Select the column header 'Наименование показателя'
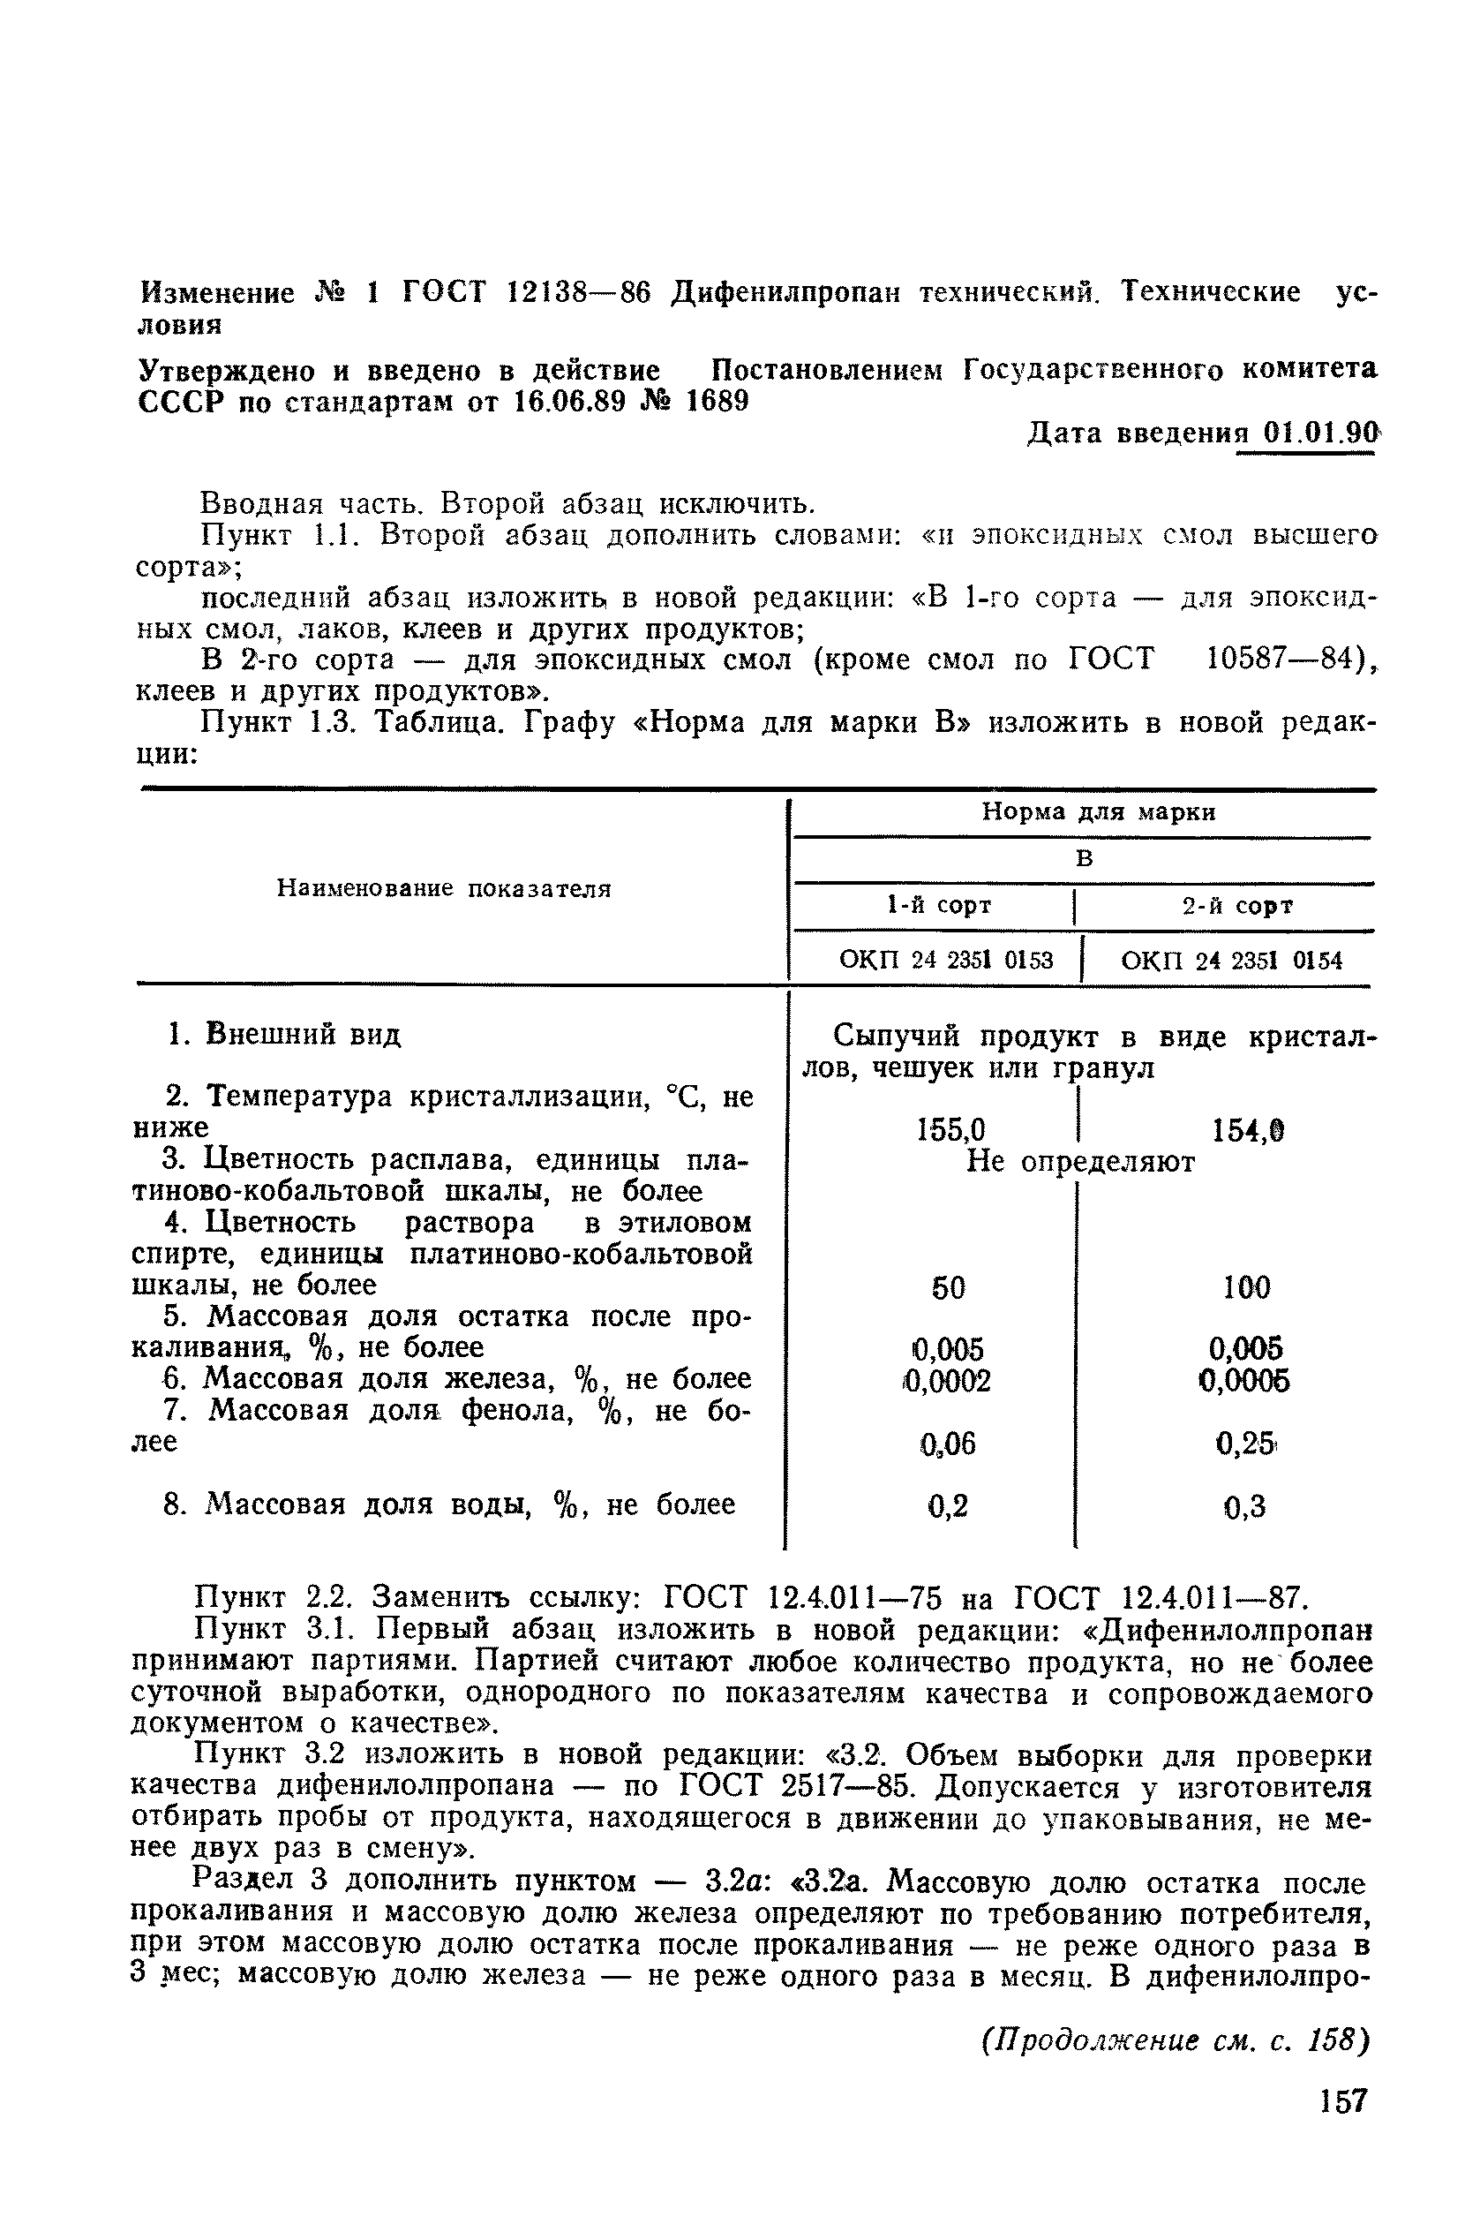(444, 888)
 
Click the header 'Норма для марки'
(1099, 812)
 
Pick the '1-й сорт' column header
(939, 906)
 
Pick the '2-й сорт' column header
(1237, 907)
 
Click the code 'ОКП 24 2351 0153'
(946, 961)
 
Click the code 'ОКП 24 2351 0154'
(1232, 961)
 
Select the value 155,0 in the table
(950, 1130)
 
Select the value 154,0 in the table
(1248, 1130)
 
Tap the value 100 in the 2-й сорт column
(1246, 1288)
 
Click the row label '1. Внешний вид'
(283, 1035)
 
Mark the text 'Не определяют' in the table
(1081, 1162)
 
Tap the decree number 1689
(717, 403)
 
